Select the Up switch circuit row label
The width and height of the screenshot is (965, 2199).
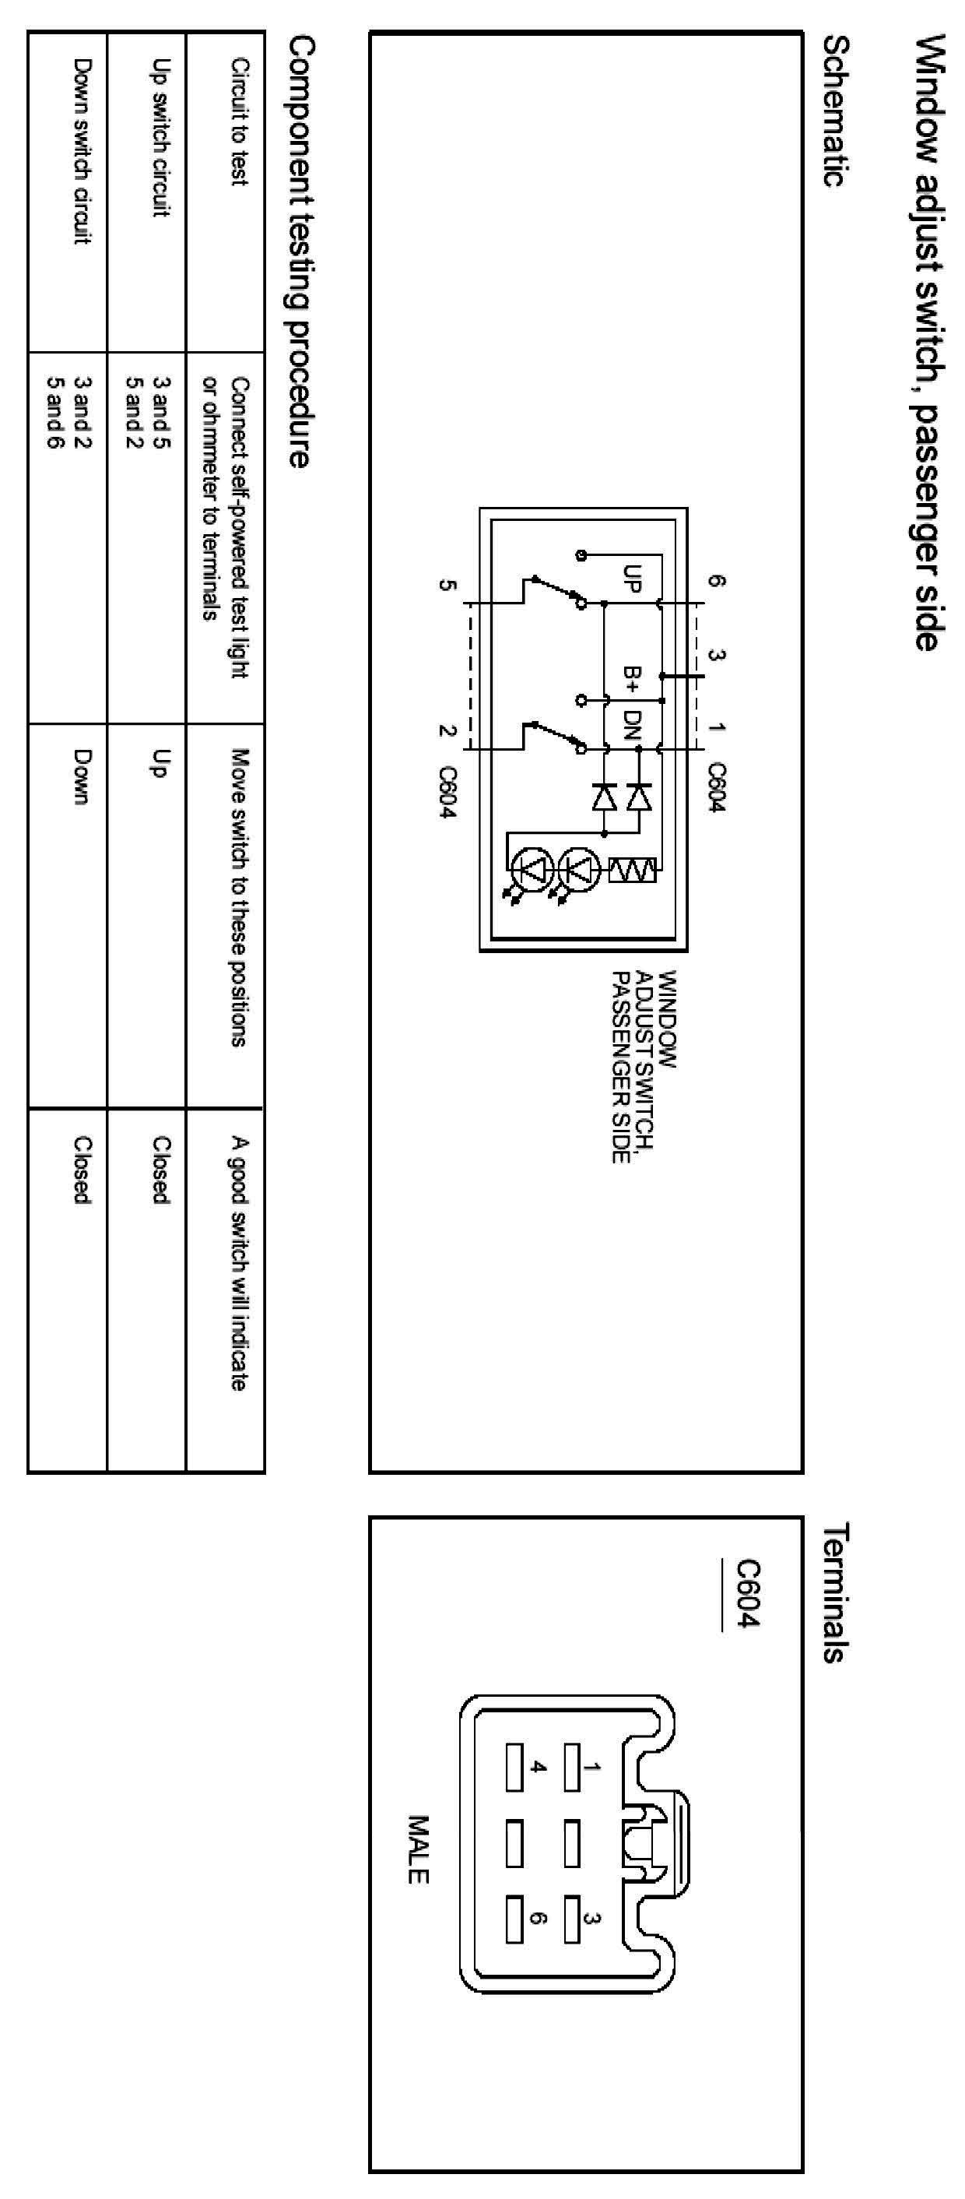(160, 137)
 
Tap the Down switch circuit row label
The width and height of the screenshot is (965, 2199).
(81, 150)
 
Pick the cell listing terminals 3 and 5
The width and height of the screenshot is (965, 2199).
(160, 413)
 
